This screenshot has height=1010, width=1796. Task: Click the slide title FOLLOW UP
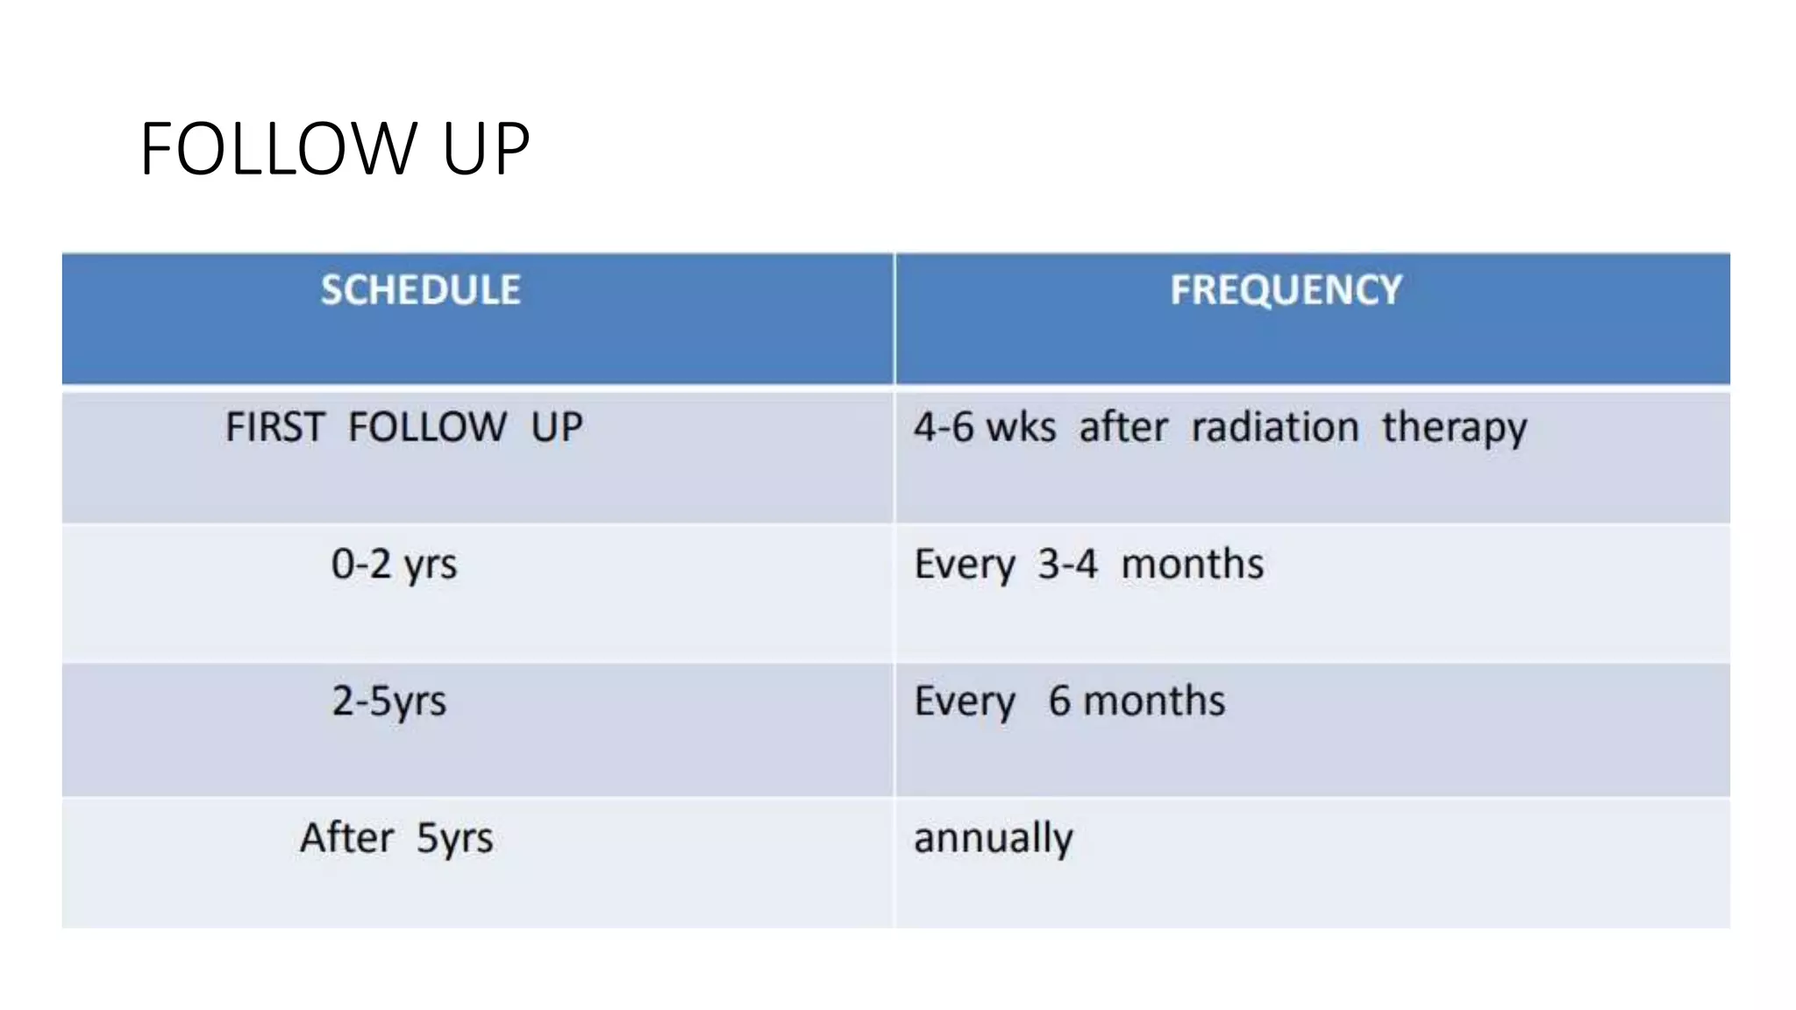pos(334,149)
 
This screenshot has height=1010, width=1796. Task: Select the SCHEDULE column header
pos(420,290)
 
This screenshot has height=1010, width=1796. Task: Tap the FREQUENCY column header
pos(1286,290)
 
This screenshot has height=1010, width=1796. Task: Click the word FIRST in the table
pos(275,428)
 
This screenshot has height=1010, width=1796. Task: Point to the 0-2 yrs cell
pos(394,565)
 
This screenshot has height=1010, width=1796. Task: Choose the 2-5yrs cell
pos(388,701)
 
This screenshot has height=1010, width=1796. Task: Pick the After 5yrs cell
pos(396,838)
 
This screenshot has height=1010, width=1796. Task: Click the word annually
pos(993,838)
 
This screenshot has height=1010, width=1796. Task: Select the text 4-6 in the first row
pos(944,428)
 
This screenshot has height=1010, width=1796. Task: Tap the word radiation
pos(1274,428)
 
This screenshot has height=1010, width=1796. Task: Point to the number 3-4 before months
pos(1067,565)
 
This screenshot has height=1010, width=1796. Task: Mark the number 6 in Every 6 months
pos(1059,701)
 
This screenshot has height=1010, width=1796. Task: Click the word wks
pos(1021,428)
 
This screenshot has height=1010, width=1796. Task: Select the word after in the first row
pos(1123,428)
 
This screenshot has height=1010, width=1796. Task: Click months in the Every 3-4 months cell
pos(1193,565)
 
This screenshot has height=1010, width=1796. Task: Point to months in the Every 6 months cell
pos(1154,701)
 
